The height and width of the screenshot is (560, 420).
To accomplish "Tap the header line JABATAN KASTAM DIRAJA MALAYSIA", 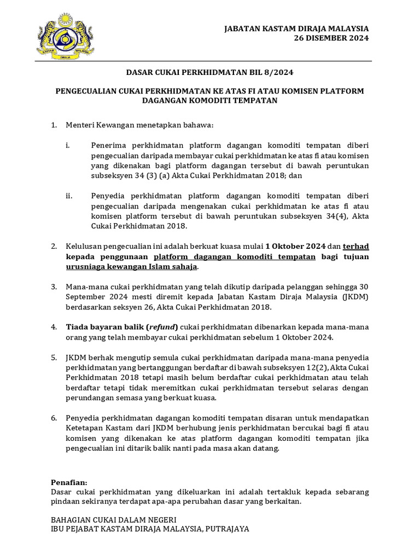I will tap(297, 28).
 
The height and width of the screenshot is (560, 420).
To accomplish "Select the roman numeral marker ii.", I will tap(69, 195).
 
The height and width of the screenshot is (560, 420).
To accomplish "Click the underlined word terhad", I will tap(356, 247).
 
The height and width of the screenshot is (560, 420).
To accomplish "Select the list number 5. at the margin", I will tap(54, 357).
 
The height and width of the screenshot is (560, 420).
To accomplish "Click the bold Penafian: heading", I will tap(69, 482).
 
